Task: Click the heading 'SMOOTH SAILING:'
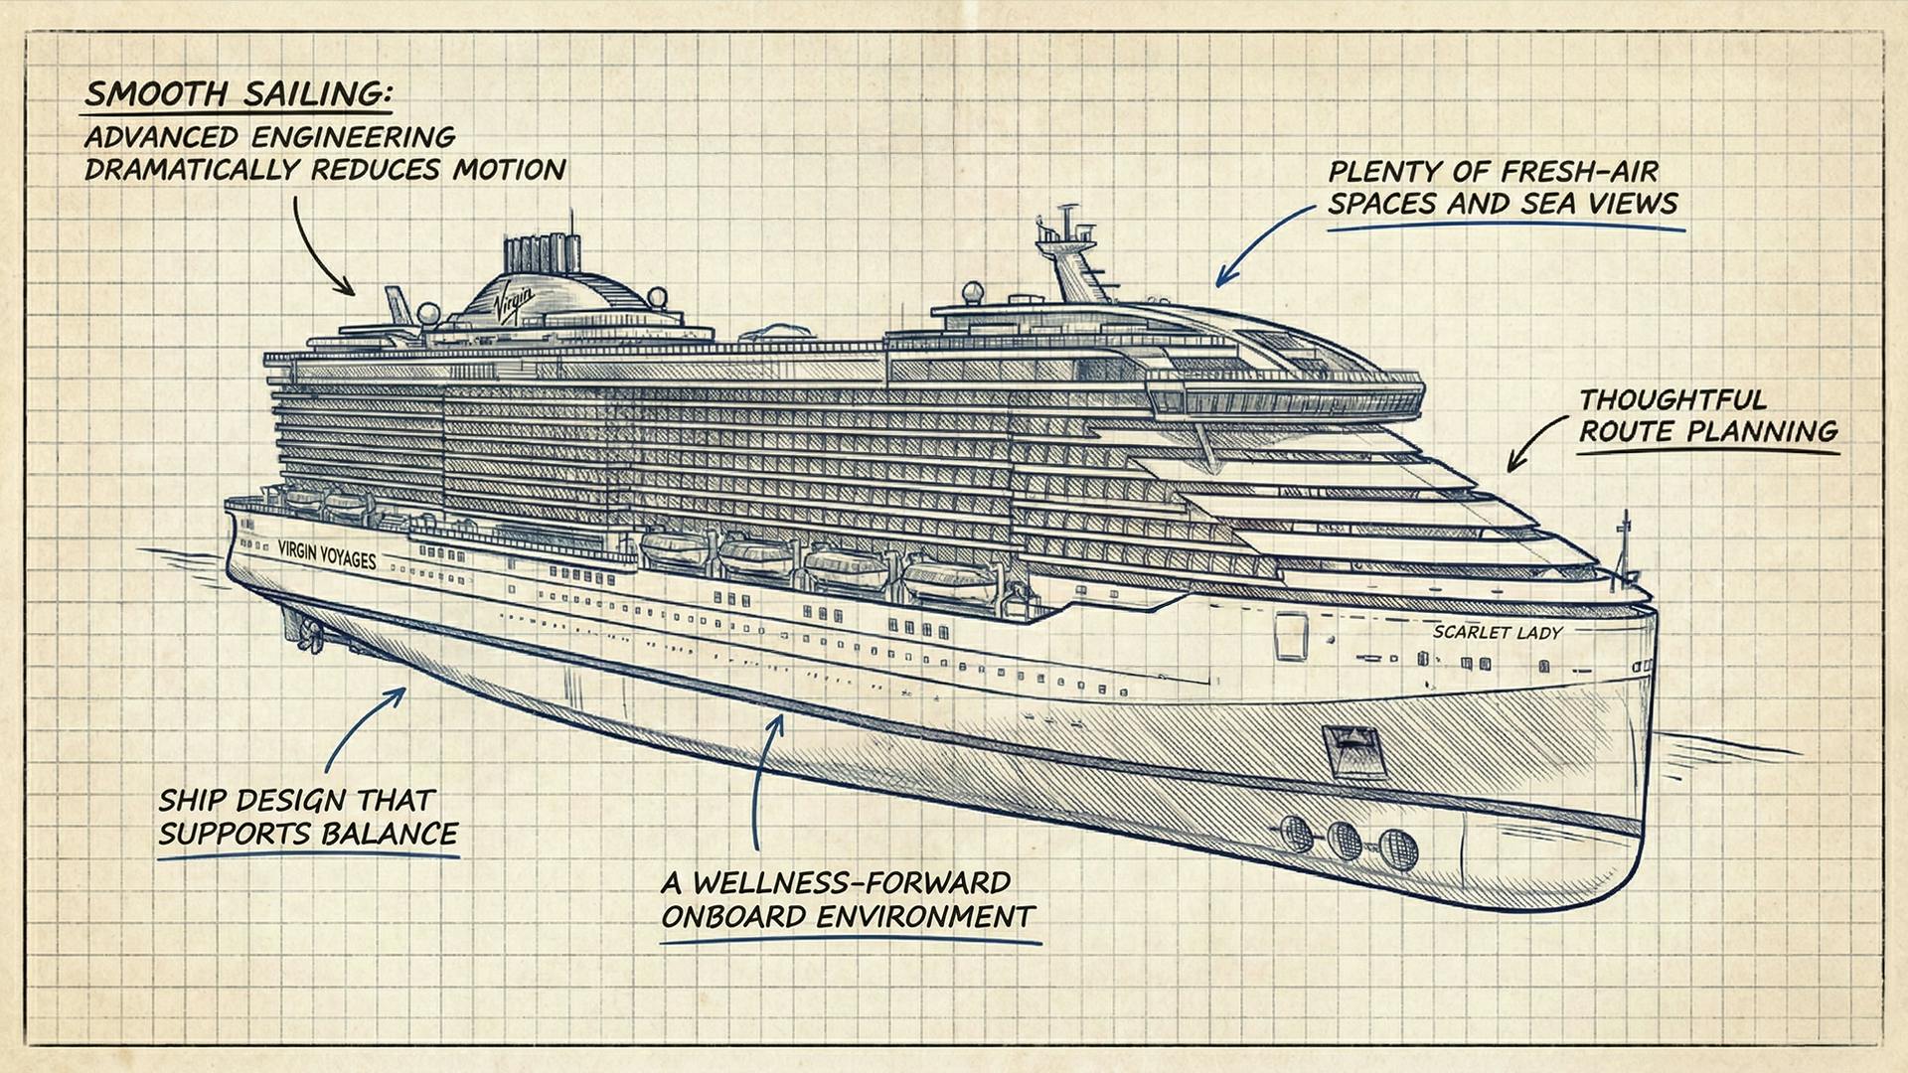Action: pos(239,95)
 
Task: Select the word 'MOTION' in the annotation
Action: pos(510,169)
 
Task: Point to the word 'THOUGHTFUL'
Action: pos(1672,399)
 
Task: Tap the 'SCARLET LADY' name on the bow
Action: pos(1498,632)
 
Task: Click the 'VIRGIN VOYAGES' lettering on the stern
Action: pos(327,554)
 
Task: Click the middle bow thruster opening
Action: pos(1346,840)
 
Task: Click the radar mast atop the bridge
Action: pos(1063,248)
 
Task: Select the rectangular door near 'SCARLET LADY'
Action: pos(1291,636)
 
